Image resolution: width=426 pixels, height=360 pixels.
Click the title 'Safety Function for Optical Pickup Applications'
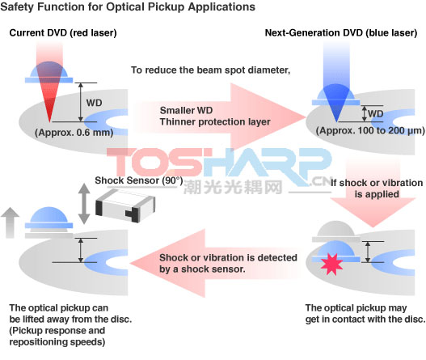point(128,7)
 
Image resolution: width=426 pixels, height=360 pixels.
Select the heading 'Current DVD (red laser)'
point(63,33)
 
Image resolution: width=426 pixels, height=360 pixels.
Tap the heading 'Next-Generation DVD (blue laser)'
point(341,33)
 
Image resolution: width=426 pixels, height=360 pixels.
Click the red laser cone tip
point(49,121)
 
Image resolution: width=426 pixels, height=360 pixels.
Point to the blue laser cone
point(336,103)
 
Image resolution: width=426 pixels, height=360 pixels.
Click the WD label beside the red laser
point(95,103)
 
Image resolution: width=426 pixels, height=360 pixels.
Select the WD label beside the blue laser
point(376,113)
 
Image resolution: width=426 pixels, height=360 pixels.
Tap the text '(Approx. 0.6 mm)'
point(74,133)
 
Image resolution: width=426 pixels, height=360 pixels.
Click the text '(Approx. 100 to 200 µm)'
point(370,131)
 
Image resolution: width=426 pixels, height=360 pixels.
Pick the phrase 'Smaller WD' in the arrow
point(186,110)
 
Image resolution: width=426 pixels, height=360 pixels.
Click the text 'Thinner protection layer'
point(215,122)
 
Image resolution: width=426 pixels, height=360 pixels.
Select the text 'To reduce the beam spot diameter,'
point(211,70)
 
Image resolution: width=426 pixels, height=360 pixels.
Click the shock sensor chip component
point(125,205)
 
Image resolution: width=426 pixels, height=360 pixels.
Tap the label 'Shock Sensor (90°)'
point(139,180)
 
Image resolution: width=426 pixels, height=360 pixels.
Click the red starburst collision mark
point(331,265)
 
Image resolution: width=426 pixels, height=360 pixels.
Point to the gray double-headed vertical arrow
point(84,204)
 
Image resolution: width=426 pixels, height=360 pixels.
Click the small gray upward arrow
point(10,222)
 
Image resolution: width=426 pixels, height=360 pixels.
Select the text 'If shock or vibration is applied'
point(377,188)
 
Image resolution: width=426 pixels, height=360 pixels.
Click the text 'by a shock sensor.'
point(202,269)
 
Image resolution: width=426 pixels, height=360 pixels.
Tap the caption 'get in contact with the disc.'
point(365,320)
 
